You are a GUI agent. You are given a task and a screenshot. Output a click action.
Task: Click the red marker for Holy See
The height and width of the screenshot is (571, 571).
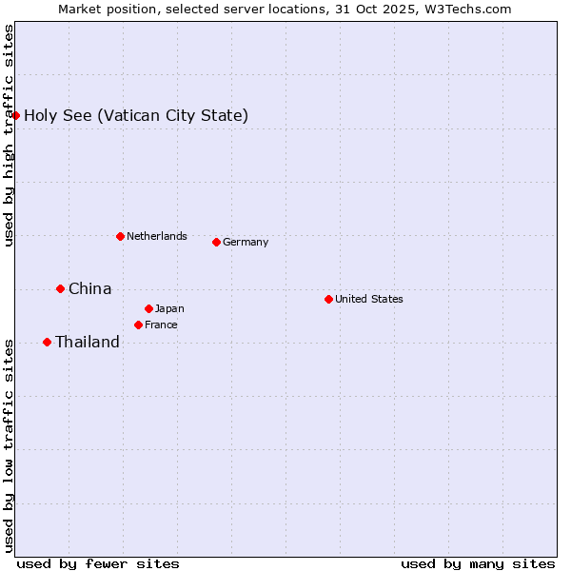[16, 115]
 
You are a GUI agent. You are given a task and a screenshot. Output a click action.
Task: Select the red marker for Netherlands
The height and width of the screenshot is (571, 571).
[120, 236]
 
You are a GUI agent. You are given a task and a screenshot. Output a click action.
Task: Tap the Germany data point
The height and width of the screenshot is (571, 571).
[216, 242]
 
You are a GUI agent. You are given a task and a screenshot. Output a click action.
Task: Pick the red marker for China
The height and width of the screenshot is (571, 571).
[60, 288]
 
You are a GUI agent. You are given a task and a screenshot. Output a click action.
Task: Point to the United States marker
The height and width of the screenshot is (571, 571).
[328, 299]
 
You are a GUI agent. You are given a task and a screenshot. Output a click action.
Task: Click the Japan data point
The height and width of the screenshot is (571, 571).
[148, 308]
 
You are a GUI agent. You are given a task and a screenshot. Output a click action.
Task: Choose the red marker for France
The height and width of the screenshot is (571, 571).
[138, 325]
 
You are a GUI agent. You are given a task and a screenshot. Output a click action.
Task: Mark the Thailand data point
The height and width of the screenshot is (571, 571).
[47, 342]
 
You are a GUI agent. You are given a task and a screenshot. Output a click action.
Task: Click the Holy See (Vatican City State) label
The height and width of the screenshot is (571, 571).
[136, 116]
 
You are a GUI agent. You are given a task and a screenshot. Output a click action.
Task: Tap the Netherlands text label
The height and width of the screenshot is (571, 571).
[157, 236]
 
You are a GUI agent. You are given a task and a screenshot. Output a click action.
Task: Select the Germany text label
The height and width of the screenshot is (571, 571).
[246, 242]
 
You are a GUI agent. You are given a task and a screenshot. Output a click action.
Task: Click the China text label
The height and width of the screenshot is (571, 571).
[90, 288]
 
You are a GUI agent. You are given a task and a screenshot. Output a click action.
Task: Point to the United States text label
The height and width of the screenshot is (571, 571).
[369, 299]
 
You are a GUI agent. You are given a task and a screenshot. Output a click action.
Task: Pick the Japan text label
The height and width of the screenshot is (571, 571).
[169, 308]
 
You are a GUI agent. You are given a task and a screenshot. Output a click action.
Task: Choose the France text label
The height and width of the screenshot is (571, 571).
[161, 325]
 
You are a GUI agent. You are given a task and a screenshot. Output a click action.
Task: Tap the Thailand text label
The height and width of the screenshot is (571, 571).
[88, 343]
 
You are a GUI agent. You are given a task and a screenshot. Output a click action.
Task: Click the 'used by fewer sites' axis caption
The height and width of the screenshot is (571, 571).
[98, 563]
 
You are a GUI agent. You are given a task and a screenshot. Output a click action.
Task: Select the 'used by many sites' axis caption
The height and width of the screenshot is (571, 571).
[478, 563]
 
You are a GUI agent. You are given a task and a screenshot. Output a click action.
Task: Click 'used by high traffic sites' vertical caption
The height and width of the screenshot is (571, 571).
[10, 135]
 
